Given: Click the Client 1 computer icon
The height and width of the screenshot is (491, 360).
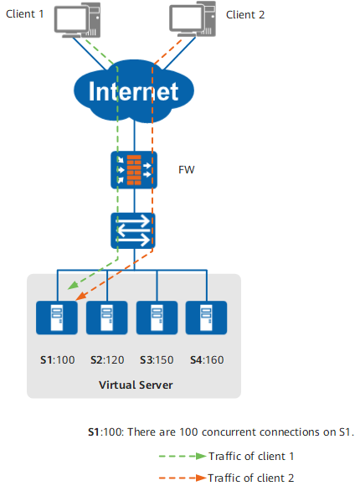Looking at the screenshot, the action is point(77,20).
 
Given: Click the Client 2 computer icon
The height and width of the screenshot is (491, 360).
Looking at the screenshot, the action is point(193,19).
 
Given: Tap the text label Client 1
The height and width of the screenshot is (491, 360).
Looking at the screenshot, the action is point(25,14).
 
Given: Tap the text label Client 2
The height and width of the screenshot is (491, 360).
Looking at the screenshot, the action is point(245,15).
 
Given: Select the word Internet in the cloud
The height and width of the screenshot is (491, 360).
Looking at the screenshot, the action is point(134,91).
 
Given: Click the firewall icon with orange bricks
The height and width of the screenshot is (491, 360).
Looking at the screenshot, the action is point(134,170).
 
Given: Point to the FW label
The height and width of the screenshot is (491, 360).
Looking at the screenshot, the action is point(186,170).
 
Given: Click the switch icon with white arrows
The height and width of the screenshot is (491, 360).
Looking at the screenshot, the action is point(133,230).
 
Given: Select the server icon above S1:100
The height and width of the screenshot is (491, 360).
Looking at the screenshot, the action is point(57,318).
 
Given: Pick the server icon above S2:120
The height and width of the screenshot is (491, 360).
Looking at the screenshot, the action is point(106,318).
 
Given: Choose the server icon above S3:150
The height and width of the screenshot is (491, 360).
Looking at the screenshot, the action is point(157,318).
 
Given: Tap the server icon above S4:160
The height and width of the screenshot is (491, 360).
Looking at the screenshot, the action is point(206,318).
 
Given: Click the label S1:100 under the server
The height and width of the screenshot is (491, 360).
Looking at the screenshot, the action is point(58,360).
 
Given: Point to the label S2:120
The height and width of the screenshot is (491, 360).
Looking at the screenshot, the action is point(107,360).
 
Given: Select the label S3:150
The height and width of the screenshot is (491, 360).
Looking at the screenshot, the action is point(157,360).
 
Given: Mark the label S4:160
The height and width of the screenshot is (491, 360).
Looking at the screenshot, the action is point(207,360).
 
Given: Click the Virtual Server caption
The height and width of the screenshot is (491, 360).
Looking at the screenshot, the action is point(136,385).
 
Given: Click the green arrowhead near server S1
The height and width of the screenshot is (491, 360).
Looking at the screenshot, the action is point(73,285).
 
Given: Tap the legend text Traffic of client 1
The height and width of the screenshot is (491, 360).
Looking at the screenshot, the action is point(251,457).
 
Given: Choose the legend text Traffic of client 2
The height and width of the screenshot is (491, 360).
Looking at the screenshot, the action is point(251,478).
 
